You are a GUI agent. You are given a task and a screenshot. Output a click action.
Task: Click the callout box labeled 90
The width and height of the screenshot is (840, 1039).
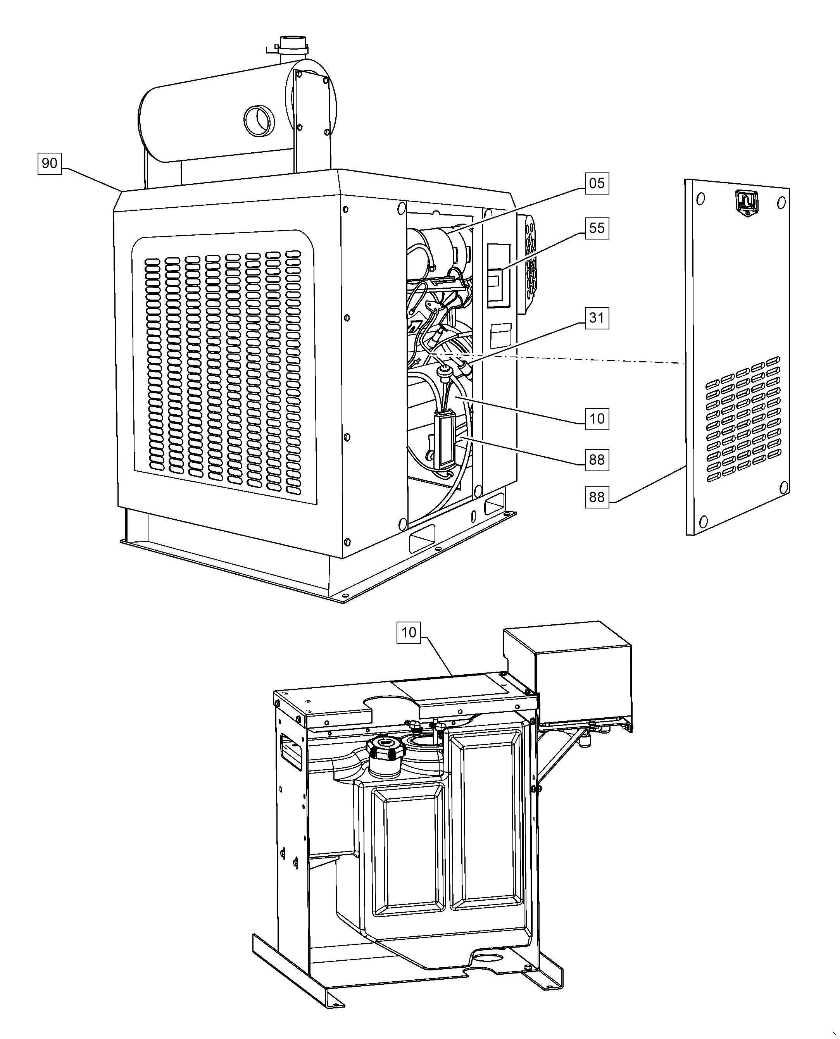click(x=49, y=164)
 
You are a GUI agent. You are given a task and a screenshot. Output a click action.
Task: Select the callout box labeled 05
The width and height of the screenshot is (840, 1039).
click(x=597, y=183)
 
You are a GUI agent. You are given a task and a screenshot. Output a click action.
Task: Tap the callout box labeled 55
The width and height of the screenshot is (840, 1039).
click(x=597, y=228)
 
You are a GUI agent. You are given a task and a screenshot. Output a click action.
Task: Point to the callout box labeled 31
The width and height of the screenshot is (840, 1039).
click(x=597, y=318)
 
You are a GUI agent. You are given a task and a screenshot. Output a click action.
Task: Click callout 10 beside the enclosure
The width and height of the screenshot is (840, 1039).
click(x=597, y=419)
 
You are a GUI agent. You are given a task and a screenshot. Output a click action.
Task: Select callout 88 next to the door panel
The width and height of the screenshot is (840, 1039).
click(x=597, y=497)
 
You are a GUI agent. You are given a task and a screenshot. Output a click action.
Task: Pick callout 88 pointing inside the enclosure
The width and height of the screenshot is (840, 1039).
click(x=597, y=460)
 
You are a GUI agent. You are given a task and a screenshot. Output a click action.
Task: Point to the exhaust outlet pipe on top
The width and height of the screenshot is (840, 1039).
click(x=293, y=49)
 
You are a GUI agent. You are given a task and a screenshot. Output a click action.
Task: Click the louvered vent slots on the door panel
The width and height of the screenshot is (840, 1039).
click(x=743, y=419)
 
